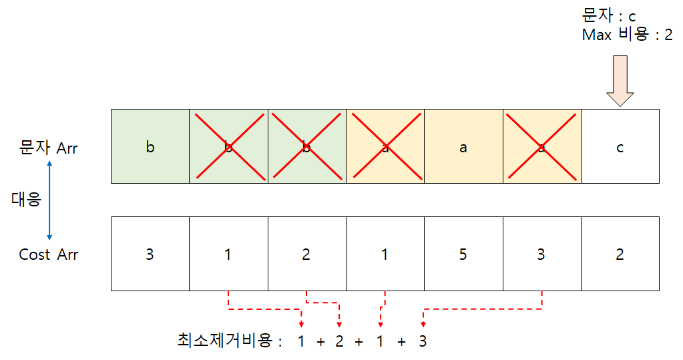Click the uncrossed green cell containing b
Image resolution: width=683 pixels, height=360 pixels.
(150, 147)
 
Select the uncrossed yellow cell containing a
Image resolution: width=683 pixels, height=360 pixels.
(463, 147)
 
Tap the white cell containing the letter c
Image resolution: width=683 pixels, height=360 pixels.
(620, 147)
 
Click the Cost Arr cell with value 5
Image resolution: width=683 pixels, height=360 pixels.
(463, 254)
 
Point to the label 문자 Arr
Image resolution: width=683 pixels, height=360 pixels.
(49, 148)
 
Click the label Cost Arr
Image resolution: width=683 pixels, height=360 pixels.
(49, 254)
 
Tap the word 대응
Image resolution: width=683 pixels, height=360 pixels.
(27, 199)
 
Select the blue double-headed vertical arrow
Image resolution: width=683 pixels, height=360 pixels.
(49, 200)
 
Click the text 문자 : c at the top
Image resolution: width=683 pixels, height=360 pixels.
(608, 15)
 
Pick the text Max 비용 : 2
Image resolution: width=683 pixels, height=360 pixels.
(627, 35)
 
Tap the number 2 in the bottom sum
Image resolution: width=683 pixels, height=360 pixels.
(339, 341)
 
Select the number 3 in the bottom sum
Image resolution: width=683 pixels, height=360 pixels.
(422, 341)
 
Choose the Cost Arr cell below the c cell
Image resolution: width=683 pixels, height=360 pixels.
(620, 254)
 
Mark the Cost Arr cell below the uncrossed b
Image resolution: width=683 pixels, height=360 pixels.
(150, 254)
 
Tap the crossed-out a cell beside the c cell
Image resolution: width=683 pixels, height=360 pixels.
(541, 147)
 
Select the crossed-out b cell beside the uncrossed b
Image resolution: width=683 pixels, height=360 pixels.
(228, 147)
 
